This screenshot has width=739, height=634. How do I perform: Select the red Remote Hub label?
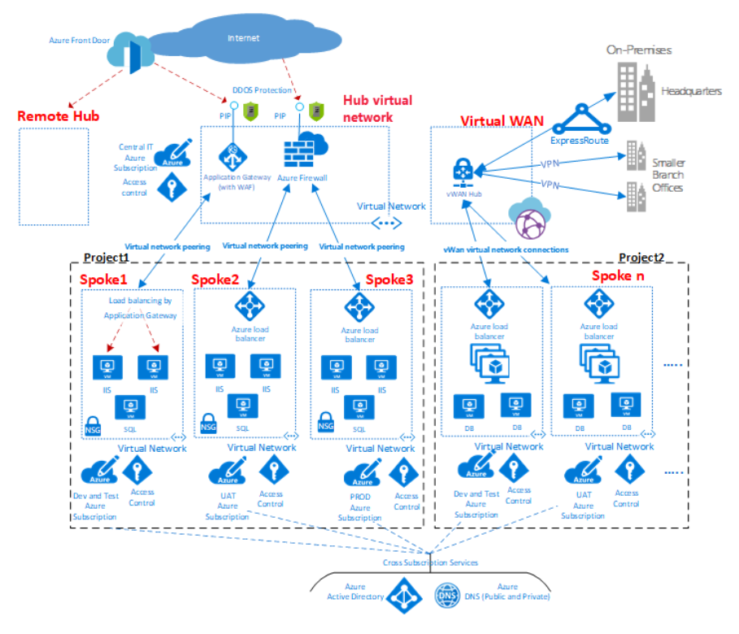pyautogui.click(x=59, y=116)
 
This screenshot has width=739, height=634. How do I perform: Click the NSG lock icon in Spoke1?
pyautogui.click(x=93, y=424)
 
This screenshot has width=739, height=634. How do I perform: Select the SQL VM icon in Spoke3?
pyautogui.click(x=358, y=405)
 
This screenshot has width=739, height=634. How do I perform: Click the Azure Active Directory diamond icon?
pyautogui.click(x=402, y=597)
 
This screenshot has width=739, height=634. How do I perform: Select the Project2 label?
pyautogui.click(x=641, y=258)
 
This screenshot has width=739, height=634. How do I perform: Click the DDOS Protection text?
pyautogui.click(x=263, y=90)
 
